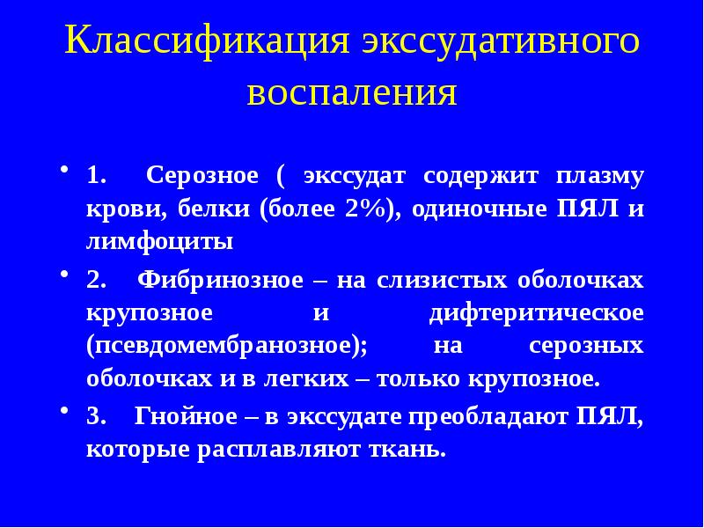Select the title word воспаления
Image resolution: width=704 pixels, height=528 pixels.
(352, 92)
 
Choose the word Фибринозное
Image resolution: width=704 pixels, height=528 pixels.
(216, 281)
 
